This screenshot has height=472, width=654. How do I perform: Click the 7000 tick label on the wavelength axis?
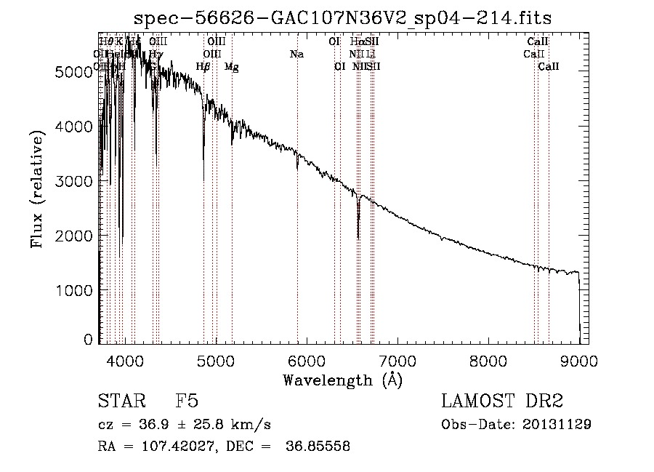point(397,360)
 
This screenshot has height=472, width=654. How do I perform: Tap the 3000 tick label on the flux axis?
point(76,181)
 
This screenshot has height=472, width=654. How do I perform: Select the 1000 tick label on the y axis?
point(76,291)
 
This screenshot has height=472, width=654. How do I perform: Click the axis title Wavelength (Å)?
point(342,380)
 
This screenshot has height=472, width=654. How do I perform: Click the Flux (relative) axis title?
point(39,189)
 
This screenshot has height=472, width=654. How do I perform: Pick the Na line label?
point(296,55)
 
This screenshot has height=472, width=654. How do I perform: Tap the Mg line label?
point(231,67)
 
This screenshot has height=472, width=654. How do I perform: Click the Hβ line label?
point(203,67)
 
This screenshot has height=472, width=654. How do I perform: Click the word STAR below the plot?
point(121,401)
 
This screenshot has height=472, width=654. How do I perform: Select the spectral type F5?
point(187,401)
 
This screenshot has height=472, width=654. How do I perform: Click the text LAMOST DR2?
point(502,401)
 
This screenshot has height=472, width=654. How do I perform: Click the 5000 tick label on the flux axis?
point(76,71)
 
